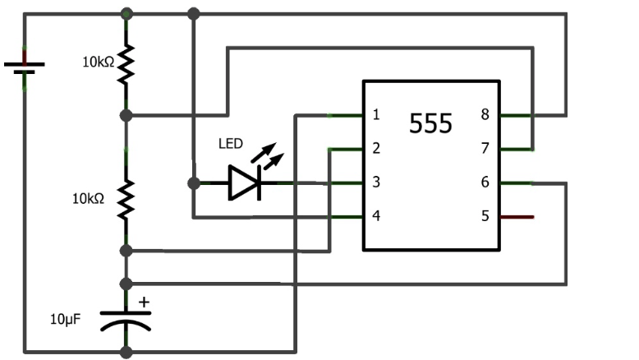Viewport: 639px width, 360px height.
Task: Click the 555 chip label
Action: (x=430, y=124)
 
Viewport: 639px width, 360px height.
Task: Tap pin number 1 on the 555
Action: (x=376, y=115)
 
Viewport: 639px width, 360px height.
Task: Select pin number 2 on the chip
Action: (x=376, y=149)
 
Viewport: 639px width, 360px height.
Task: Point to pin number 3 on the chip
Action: (x=376, y=182)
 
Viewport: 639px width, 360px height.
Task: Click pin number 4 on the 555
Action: (x=376, y=216)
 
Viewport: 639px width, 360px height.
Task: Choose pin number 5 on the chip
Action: (x=485, y=216)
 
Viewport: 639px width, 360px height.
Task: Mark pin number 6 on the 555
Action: (x=485, y=182)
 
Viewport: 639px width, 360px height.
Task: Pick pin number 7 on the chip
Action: (x=485, y=149)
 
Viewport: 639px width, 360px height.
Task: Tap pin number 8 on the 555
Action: (x=485, y=115)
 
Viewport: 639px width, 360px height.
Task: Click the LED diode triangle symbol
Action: (x=245, y=182)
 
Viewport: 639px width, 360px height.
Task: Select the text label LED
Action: (x=231, y=144)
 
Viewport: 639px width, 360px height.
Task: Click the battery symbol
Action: (x=25, y=65)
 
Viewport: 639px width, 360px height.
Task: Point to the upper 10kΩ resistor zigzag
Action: (x=126, y=64)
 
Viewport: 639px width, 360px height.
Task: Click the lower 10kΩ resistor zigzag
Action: (x=126, y=200)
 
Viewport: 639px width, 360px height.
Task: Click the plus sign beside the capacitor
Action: (x=145, y=302)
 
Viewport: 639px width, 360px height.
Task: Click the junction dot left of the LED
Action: (x=194, y=182)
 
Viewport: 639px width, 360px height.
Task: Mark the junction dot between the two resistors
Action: (x=126, y=114)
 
